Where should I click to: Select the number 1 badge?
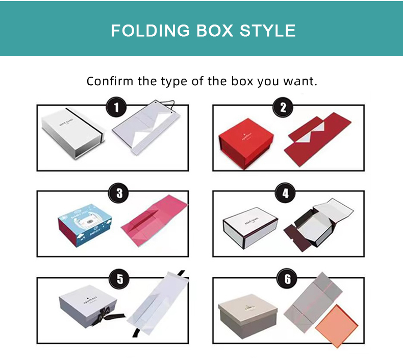pyautogui.click(x=117, y=108)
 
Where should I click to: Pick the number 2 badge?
pyautogui.click(x=283, y=108)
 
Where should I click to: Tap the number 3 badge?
pyautogui.click(x=119, y=194)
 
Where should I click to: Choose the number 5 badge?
pyautogui.click(x=119, y=279)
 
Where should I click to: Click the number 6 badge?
pyautogui.click(x=287, y=279)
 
